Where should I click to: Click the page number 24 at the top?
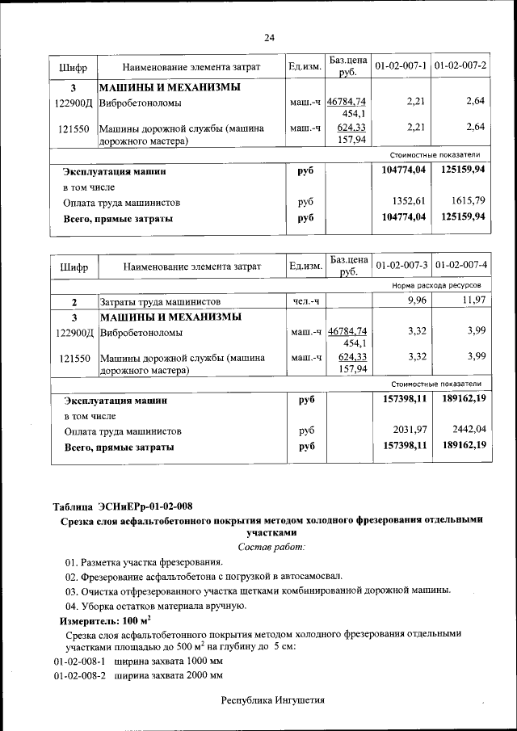pyautogui.click(x=269, y=37)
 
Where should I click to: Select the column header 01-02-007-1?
pyautogui.click(x=401, y=65)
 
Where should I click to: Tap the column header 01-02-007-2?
pyautogui.click(x=460, y=65)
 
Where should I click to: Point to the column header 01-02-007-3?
pyautogui.click(x=401, y=264)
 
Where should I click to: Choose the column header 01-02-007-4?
pyautogui.click(x=460, y=264)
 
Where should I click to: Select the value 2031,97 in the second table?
pyautogui.click(x=409, y=430)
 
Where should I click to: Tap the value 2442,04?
pyautogui.click(x=468, y=430)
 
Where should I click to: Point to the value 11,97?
pyautogui.click(x=472, y=301)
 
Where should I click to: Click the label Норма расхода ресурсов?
pyautogui.click(x=436, y=286)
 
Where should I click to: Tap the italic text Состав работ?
pyautogui.click(x=271, y=547)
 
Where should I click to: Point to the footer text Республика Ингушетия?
pyautogui.click(x=273, y=700)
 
